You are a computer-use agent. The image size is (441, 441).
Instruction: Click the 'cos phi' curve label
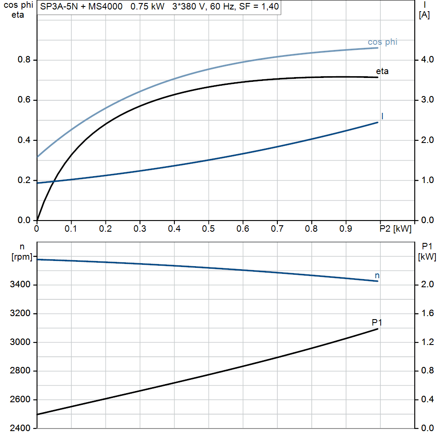tap(382, 42)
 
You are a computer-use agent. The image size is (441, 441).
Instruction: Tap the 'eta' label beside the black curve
tap(382, 71)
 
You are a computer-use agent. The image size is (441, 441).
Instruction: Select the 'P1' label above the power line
tap(377, 322)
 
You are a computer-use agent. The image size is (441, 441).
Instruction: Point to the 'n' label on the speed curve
tap(377, 275)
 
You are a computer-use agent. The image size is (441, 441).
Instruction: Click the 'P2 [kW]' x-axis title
tap(395, 229)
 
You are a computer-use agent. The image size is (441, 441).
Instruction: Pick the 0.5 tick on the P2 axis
tap(208, 229)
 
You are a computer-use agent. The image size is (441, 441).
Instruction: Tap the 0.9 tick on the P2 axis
tap(346, 229)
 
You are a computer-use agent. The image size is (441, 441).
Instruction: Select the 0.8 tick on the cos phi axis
tap(25, 60)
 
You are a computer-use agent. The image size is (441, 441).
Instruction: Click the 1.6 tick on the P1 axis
tap(426, 314)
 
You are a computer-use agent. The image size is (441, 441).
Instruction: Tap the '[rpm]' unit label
tap(22, 257)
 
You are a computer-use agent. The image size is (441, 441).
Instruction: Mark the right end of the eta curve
tap(378, 77)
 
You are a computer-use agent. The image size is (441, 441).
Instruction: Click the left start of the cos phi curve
tap(37, 157)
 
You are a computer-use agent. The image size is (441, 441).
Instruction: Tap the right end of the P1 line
tap(378, 329)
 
